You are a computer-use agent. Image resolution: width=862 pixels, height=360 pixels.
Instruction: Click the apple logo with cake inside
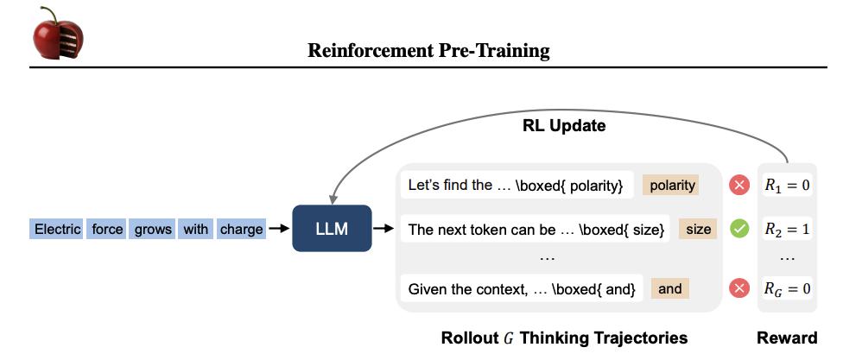tap(58, 34)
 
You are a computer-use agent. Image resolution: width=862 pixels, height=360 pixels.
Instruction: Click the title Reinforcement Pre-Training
tap(428, 51)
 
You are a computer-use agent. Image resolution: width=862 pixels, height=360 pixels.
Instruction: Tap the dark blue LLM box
tap(332, 228)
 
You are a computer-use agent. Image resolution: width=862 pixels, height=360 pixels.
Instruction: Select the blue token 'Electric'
tap(57, 229)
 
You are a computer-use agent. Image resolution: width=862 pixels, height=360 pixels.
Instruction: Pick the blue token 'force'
tap(106, 229)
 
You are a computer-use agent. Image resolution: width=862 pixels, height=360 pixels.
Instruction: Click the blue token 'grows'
tap(152, 229)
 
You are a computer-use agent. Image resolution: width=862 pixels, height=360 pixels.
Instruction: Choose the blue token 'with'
tap(195, 229)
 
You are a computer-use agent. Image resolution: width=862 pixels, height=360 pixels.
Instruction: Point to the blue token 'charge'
tap(241, 229)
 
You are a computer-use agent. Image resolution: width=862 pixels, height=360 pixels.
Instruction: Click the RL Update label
tap(563, 126)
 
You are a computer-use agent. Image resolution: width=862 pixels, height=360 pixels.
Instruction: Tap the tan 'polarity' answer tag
tap(671, 186)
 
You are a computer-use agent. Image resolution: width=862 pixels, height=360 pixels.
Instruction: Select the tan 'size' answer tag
tap(698, 229)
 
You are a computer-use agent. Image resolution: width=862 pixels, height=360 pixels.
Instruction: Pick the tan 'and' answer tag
tap(669, 288)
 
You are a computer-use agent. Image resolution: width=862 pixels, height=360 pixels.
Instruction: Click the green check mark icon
tap(739, 229)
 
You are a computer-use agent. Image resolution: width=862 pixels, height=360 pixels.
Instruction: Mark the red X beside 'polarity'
tap(739, 186)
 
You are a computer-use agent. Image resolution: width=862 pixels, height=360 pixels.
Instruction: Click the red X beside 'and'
tap(739, 288)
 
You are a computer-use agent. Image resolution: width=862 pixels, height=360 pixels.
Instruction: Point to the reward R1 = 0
tap(787, 186)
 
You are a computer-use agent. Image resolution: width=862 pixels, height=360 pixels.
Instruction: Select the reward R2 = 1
tap(787, 229)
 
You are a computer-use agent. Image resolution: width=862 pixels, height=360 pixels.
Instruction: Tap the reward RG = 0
tap(787, 288)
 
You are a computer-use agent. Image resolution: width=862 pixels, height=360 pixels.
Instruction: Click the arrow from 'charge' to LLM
tap(279, 229)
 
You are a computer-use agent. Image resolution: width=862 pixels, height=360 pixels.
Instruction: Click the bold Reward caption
tap(787, 338)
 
